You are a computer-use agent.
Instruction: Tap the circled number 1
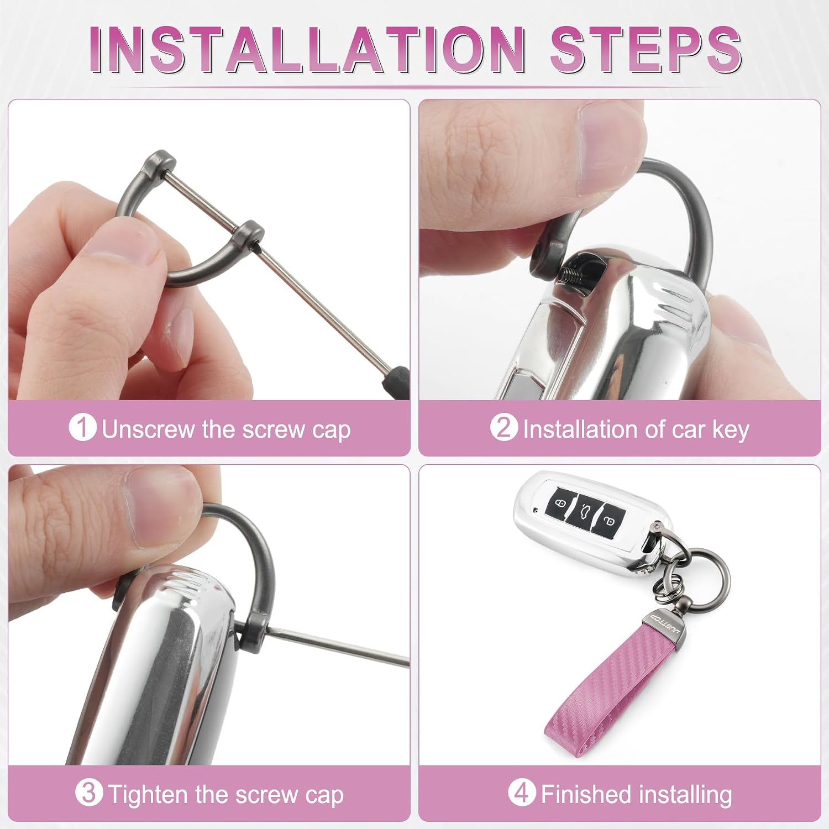click(82, 428)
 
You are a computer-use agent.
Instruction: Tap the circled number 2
click(503, 428)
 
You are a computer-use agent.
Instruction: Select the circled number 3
click(89, 794)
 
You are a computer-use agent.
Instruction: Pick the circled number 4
click(522, 794)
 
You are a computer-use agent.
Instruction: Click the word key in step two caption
click(730, 430)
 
